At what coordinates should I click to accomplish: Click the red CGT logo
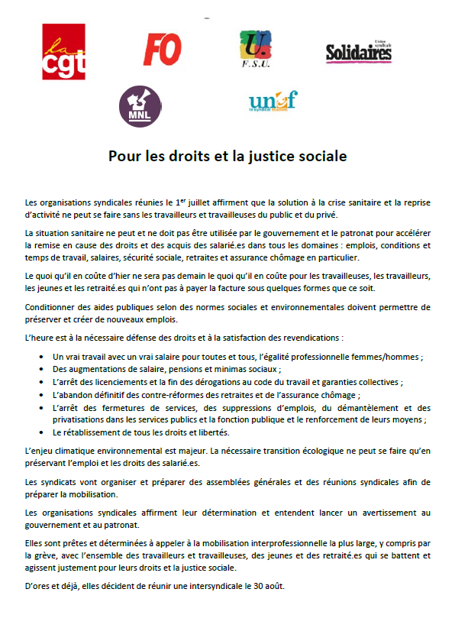[63, 52]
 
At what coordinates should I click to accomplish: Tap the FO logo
[162, 50]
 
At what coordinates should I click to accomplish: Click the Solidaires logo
[359, 51]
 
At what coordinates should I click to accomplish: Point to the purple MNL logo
[140, 106]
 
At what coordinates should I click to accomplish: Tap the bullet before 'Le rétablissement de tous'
[40, 432]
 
